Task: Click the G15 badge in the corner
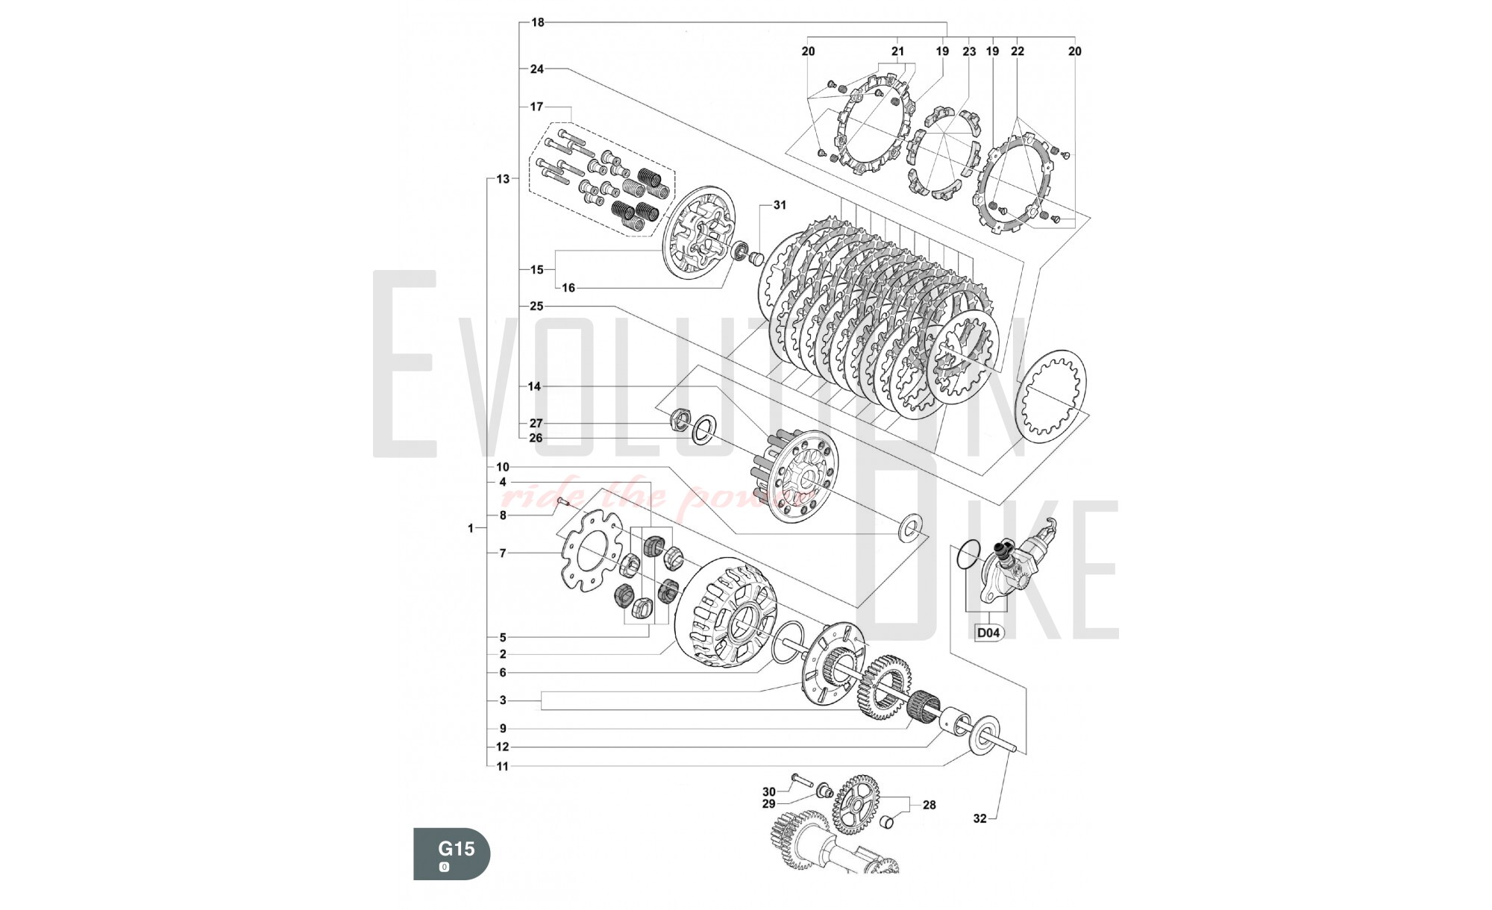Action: (x=452, y=853)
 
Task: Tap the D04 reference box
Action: (x=988, y=633)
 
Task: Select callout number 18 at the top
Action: (x=537, y=22)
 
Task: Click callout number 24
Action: (x=537, y=69)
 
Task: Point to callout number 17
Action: (x=537, y=107)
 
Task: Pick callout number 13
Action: (x=503, y=179)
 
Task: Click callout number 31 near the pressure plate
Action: (x=780, y=205)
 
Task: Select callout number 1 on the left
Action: (x=471, y=528)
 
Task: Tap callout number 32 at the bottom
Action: (x=979, y=818)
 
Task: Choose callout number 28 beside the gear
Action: (x=929, y=805)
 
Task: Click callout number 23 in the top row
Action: (x=968, y=51)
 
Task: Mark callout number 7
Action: (x=503, y=553)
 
